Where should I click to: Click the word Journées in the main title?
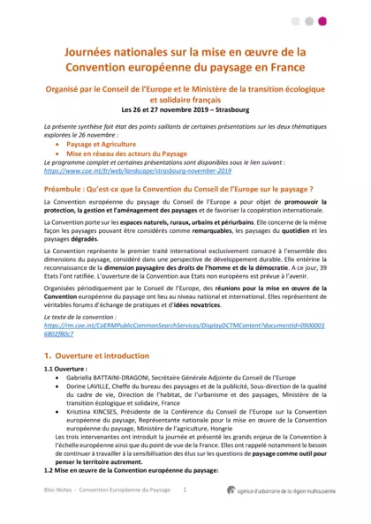tap(94, 52)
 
